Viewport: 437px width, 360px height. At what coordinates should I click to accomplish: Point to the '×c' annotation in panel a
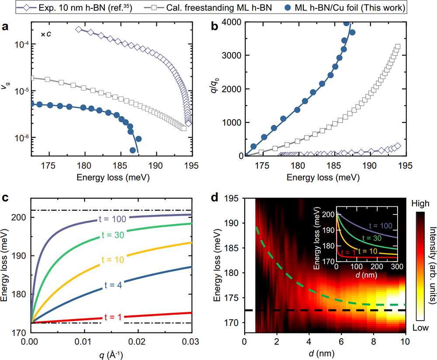click(x=46, y=34)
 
